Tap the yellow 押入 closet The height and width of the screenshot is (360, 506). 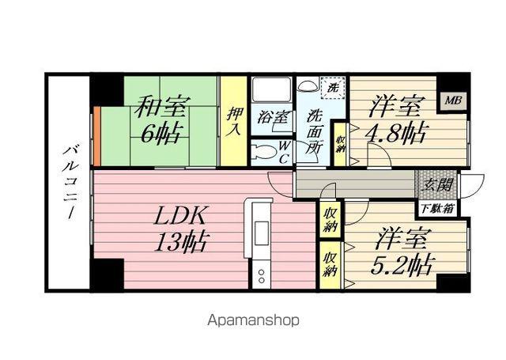[x=233, y=120]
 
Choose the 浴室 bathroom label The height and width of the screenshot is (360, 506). [x=272, y=117]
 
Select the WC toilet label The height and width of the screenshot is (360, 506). [x=281, y=150]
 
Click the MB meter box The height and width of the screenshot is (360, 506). [x=452, y=100]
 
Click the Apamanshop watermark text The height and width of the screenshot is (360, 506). [x=253, y=320]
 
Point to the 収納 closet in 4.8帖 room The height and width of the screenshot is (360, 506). [x=340, y=144]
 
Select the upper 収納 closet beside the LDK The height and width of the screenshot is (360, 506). [x=330, y=219]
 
